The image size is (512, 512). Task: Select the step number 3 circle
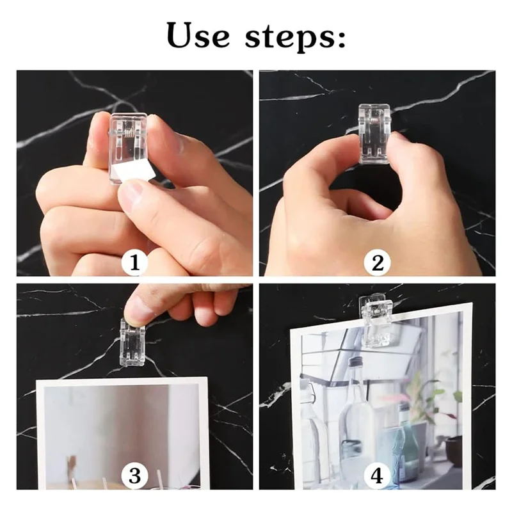(134, 475)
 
